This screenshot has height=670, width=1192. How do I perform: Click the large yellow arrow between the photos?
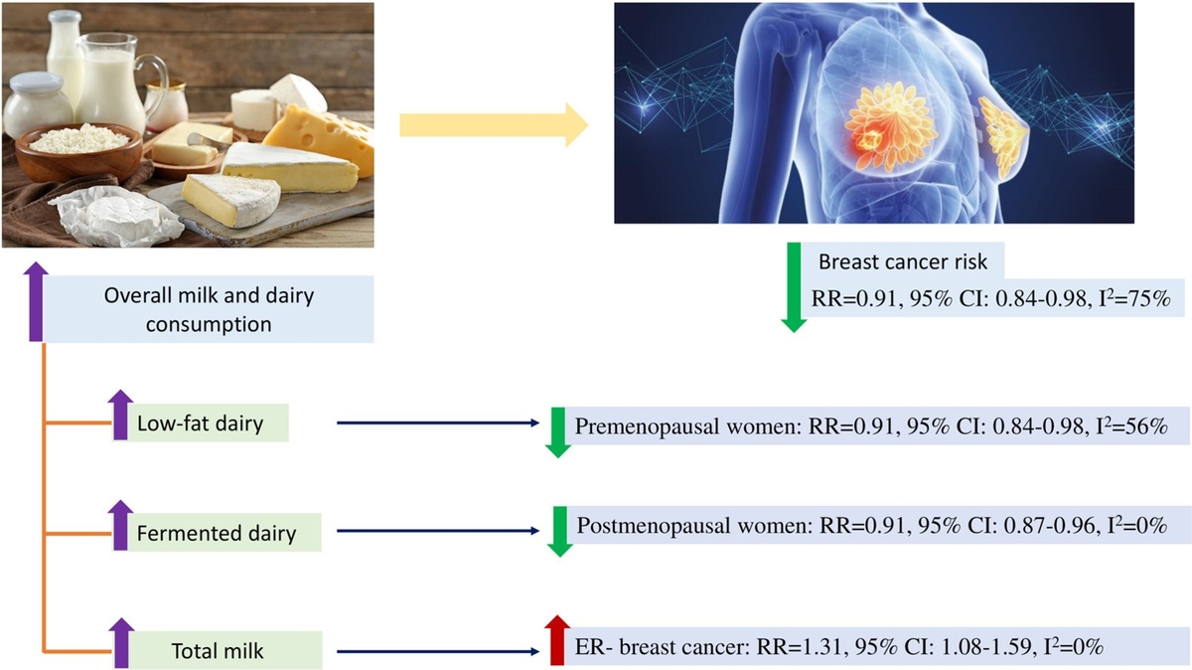[x=492, y=126]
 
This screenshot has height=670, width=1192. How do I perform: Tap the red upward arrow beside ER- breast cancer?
[x=556, y=640]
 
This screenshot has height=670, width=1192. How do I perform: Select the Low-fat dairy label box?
[x=212, y=423]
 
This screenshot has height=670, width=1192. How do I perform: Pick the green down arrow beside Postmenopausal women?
[x=559, y=530]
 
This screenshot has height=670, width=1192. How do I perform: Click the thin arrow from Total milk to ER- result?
[x=437, y=652]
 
